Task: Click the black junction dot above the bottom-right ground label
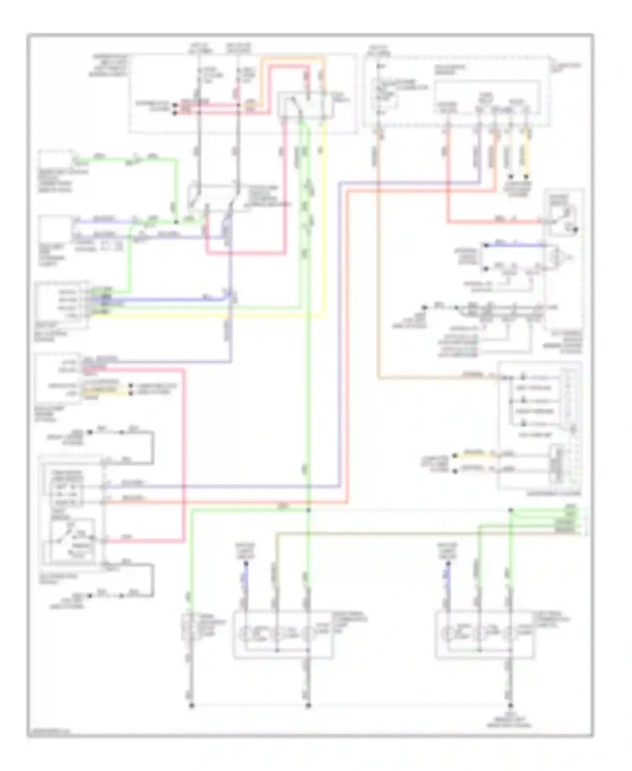(511, 705)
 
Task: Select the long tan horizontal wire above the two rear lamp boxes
(421, 533)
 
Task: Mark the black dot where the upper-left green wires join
(176, 221)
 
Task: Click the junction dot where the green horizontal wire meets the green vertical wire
(308, 510)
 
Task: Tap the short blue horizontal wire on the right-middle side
(514, 245)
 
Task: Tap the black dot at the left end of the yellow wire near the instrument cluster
(455, 456)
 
